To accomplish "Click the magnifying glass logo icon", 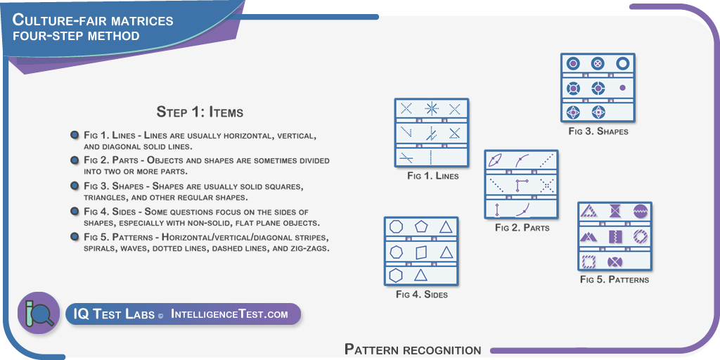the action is (x=39, y=313).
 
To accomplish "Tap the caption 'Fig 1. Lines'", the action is (x=432, y=175).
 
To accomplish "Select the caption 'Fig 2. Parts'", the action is (x=522, y=227).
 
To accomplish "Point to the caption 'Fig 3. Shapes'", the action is (x=598, y=131).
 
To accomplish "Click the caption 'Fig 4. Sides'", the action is (x=422, y=295).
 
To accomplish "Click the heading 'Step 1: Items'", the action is (x=200, y=112).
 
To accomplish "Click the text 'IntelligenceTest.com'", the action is (x=230, y=314).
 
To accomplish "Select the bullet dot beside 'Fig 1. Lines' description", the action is (x=74, y=135).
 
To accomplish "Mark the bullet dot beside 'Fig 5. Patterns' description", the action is (x=74, y=236).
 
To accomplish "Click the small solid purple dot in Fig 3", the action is (x=622, y=87).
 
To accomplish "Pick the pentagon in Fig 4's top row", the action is (x=421, y=227).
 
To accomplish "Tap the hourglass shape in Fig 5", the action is (x=614, y=211).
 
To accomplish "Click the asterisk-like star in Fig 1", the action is (x=431, y=109).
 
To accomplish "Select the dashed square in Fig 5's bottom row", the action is (x=589, y=262).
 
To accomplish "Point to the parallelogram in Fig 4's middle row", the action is (x=421, y=252).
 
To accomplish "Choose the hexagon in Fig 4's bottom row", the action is (x=396, y=275).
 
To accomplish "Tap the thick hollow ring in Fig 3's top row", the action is (x=622, y=63).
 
